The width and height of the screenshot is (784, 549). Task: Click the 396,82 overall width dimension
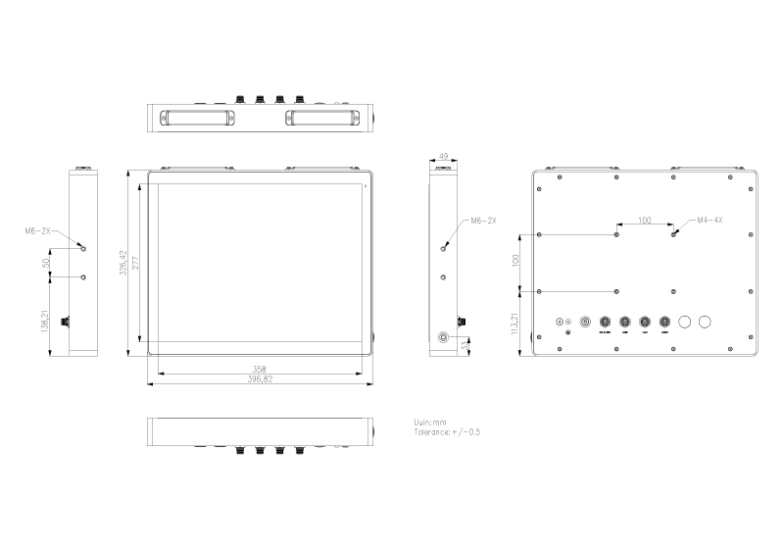tap(261, 378)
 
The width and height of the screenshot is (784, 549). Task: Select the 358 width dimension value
tap(261, 370)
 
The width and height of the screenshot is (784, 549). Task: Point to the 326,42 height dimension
tap(124, 263)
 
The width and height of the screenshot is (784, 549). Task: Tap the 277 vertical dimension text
tap(136, 263)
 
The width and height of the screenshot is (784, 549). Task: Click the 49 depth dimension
tap(443, 156)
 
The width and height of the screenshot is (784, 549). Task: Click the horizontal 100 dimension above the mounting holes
tap(644, 221)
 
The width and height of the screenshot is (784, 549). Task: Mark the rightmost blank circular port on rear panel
tap(705, 322)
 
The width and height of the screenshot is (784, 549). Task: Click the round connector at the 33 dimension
tap(444, 337)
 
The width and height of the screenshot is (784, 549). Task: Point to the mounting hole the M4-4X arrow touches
tap(673, 234)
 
